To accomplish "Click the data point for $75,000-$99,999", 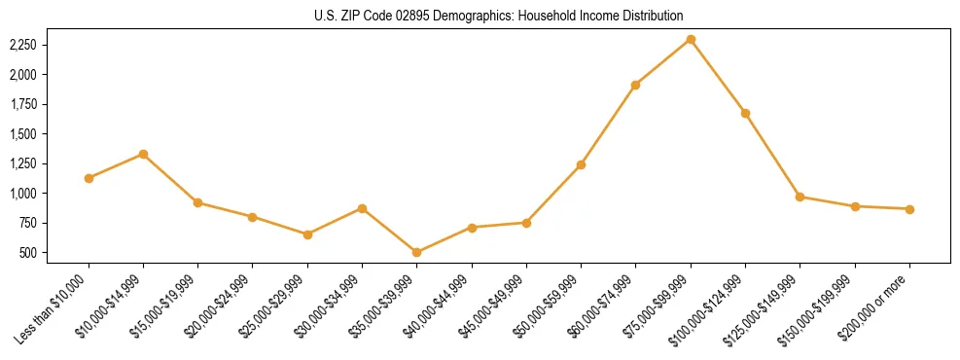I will tap(691, 39).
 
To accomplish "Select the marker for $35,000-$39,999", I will tap(416, 252).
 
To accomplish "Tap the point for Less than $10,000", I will tap(89, 178).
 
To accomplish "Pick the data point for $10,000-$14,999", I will tap(143, 154).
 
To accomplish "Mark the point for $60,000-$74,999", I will tap(635, 85).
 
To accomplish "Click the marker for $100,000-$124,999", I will tap(745, 113).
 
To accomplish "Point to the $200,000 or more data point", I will tap(909, 209).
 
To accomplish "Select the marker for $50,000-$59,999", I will tap(581, 164).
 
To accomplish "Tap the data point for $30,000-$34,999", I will tap(362, 208).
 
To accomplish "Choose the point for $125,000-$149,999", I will tap(800, 197).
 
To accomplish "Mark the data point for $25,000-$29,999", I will tap(307, 234).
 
